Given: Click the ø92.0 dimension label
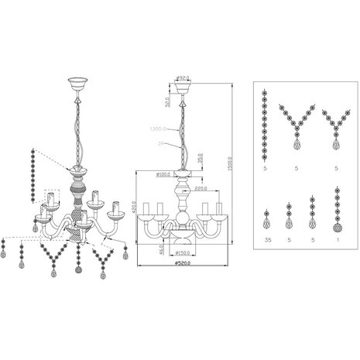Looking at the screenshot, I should (183, 77).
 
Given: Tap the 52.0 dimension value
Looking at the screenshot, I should (166, 101).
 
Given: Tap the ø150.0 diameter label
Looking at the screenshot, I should (184, 252).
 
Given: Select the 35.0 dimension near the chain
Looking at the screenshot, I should (200, 158).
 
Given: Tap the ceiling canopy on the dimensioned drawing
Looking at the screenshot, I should (183, 87).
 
